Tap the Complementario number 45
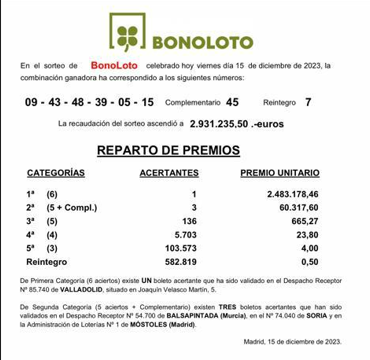click(x=232, y=102)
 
